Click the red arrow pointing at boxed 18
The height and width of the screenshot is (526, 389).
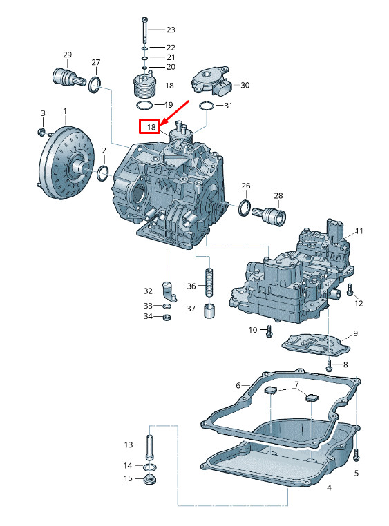[175, 110]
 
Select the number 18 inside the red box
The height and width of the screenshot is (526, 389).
[151, 127]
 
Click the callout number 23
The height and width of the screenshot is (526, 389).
[170, 30]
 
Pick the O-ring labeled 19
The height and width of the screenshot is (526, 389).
[144, 104]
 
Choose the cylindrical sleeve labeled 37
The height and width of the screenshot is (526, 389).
[207, 312]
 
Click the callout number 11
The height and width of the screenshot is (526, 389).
[359, 231]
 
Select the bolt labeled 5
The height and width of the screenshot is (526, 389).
[357, 457]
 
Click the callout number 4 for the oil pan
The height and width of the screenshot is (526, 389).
[329, 487]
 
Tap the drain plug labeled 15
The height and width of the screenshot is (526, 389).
[149, 478]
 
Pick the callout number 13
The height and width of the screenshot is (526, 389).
[128, 444]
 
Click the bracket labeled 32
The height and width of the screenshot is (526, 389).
[169, 291]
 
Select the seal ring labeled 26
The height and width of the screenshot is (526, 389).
[245, 207]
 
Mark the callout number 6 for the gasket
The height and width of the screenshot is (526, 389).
[238, 385]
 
